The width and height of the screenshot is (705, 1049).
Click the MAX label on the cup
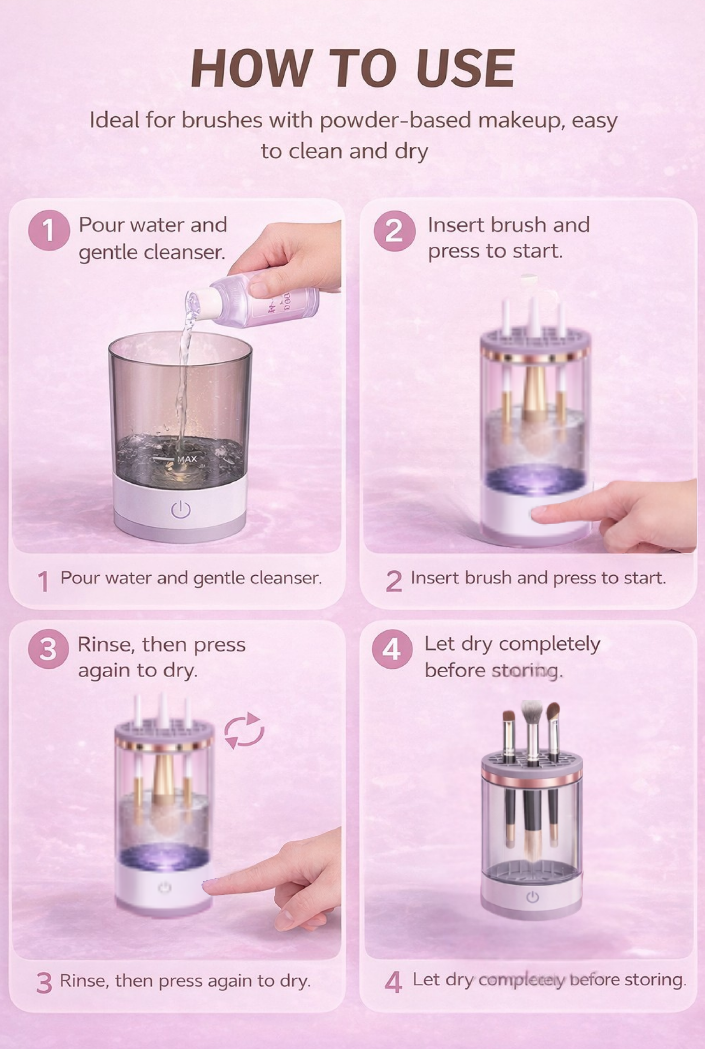tap(187, 459)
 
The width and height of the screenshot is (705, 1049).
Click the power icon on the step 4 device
tap(532, 897)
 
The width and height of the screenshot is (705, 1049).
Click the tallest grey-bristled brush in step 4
tap(532, 714)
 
